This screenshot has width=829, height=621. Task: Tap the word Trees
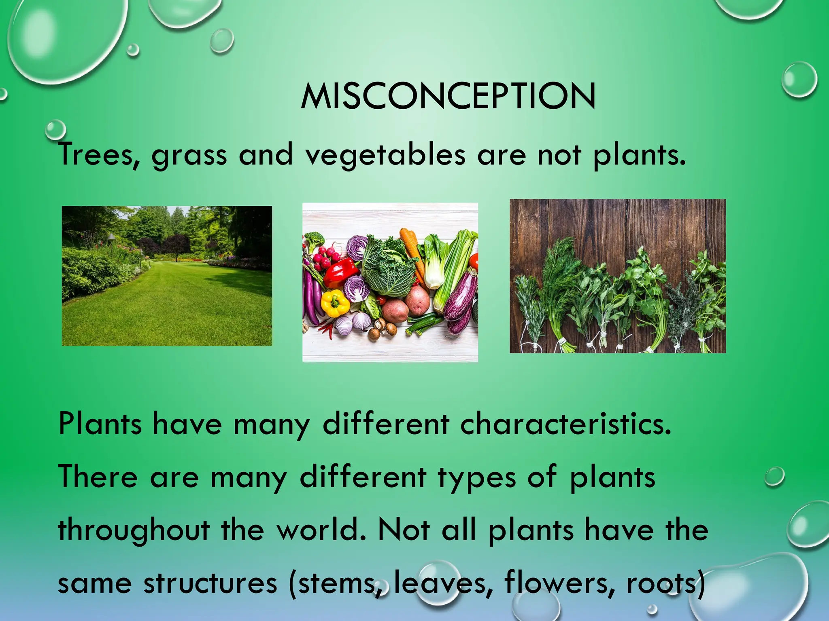click(99, 155)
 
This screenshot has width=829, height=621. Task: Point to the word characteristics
click(565, 425)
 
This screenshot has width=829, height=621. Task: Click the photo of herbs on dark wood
click(617, 276)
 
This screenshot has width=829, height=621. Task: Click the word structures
click(210, 583)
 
